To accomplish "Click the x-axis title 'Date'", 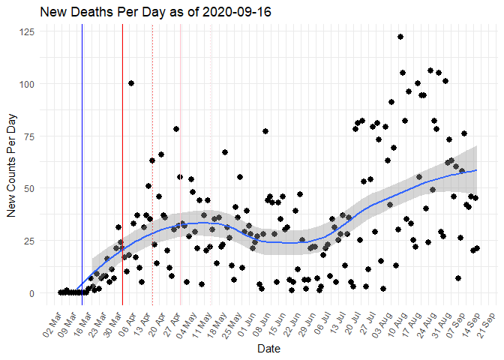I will (x=268, y=349).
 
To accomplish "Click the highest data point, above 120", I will (x=400, y=37).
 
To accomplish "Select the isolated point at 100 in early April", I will (x=131, y=83).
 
